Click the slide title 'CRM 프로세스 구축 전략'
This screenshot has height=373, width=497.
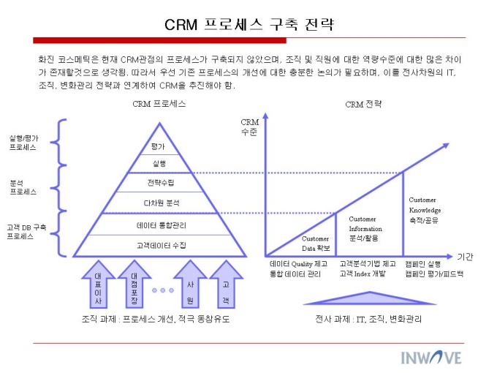[249, 24]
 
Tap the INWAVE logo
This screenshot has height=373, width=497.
[431, 358]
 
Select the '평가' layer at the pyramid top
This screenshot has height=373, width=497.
[158, 146]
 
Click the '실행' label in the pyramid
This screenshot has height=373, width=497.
[159, 164]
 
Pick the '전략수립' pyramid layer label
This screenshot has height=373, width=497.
[161, 183]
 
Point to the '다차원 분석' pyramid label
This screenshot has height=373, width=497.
[162, 203]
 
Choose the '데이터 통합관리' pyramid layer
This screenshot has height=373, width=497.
[162, 225]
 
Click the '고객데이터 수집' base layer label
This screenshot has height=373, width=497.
[162, 245]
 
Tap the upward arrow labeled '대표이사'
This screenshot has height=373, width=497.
[98, 285]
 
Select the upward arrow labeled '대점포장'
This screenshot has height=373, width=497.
[134, 285]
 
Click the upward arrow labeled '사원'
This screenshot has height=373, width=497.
[190, 285]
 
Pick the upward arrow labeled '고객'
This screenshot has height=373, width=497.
[226, 285]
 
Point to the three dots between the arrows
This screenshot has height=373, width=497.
[162, 290]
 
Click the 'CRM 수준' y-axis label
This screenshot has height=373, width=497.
[249, 127]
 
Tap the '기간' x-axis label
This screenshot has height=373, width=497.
[465, 257]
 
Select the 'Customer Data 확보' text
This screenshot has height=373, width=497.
[316, 244]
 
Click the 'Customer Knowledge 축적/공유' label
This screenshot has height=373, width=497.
[425, 210]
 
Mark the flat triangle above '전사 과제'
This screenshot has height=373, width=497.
[370, 299]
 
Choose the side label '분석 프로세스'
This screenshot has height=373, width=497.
[23, 187]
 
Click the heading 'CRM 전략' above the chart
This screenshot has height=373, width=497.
[363, 105]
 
